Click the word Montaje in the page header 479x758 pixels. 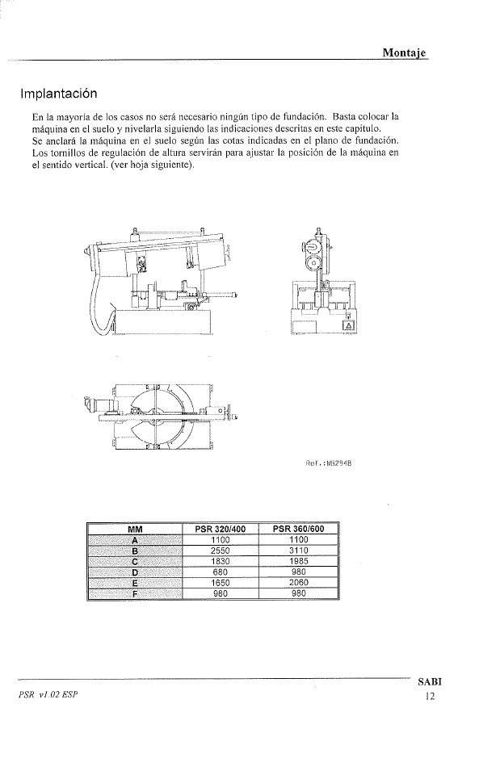click(405, 52)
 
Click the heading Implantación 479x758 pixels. click(58, 94)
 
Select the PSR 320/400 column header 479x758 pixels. click(221, 529)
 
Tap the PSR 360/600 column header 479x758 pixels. click(299, 529)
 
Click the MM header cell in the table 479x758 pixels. click(135, 529)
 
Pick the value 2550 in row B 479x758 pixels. click(221, 551)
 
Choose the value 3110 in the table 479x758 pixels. click(299, 551)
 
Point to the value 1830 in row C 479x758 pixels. click(221, 561)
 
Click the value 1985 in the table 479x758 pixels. click(299, 561)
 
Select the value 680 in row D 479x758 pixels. click(221, 572)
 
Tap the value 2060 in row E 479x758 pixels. click(299, 583)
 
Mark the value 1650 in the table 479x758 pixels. click(221, 583)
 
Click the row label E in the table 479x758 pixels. click(135, 583)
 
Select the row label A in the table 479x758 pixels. click(135, 540)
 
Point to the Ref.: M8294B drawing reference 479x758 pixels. click(329, 463)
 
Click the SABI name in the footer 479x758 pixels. click(430, 682)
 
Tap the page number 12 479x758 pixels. click(431, 696)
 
